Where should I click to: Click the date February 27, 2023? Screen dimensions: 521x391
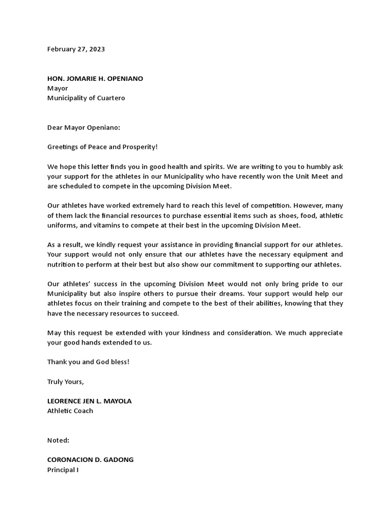76,49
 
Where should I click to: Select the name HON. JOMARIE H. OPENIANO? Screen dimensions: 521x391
95,79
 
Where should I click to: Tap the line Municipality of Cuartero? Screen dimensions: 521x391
86,98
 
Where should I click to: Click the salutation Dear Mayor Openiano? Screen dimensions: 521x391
83,128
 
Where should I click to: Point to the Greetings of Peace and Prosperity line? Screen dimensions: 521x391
102,147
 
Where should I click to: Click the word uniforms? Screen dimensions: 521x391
62,225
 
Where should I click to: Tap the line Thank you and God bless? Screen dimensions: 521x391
88,362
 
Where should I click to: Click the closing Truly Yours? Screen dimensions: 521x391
66,382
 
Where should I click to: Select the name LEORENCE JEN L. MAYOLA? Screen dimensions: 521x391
89,401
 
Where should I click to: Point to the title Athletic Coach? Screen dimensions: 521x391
70,411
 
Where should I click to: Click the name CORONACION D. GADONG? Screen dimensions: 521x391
91,460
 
